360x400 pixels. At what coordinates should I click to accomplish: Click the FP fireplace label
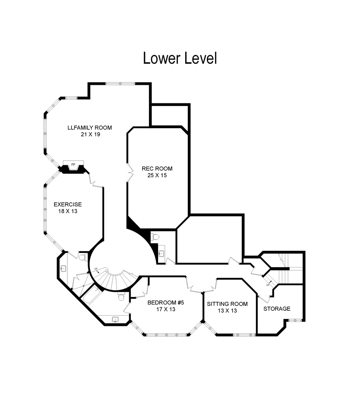click(x=73, y=164)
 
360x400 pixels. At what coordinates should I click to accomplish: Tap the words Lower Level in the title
click(x=180, y=58)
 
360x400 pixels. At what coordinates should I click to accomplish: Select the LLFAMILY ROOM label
click(x=90, y=127)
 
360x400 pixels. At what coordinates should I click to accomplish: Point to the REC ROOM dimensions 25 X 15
click(x=157, y=175)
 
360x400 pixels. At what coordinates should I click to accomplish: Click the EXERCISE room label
click(x=68, y=204)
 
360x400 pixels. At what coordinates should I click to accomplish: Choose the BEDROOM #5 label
click(x=166, y=303)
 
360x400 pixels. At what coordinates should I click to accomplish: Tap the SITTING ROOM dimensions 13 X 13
click(x=227, y=310)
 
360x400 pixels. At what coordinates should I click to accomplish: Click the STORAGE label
click(x=277, y=309)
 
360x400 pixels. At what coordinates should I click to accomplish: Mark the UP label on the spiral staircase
click(x=96, y=269)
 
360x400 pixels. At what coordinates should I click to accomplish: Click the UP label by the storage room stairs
click(x=268, y=285)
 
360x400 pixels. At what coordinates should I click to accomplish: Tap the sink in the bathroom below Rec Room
click(x=161, y=253)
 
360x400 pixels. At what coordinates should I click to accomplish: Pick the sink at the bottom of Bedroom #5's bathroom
click(x=116, y=319)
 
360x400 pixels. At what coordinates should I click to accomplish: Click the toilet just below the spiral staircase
click(x=121, y=297)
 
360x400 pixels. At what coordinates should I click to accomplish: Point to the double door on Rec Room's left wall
click(x=130, y=172)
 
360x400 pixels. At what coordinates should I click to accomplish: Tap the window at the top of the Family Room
click(x=120, y=84)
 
